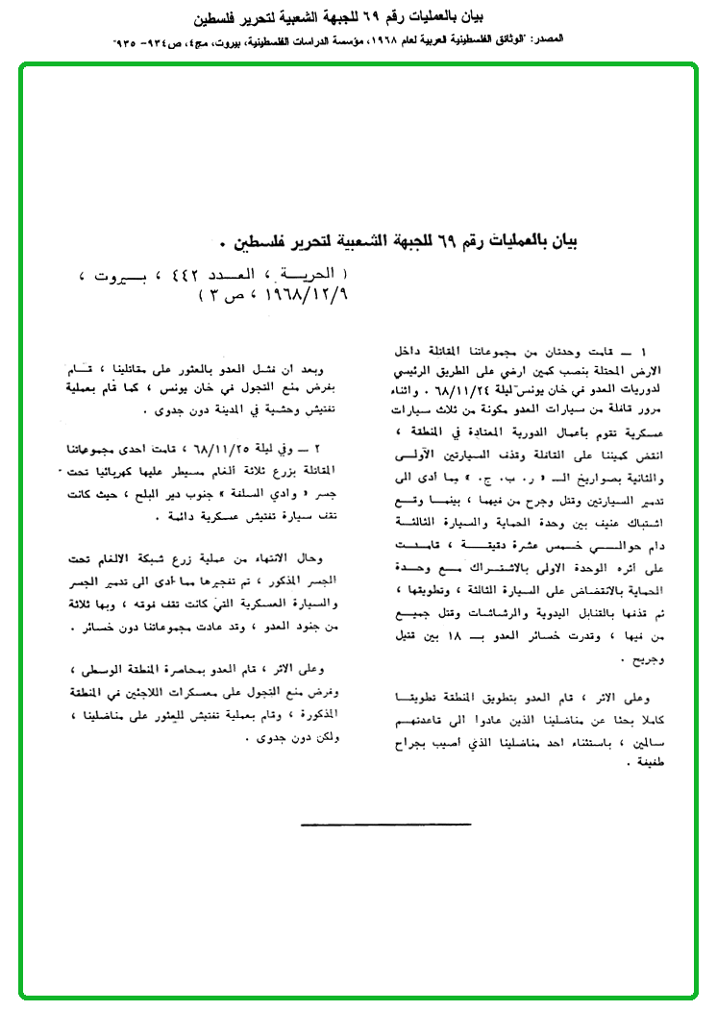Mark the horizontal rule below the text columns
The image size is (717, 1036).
[x=386, y=824]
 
